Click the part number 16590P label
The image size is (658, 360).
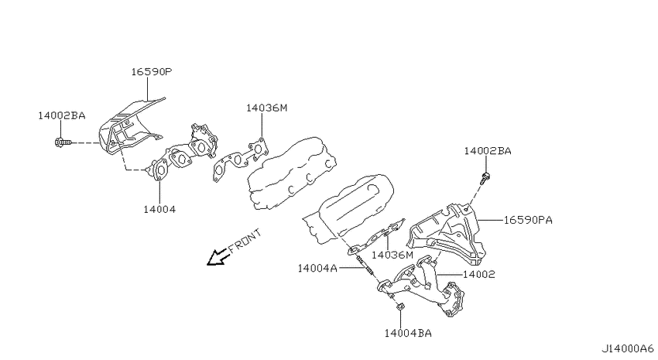pyautogui.click(x=152, y=72)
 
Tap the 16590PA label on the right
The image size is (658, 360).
pyautogui.click(x=528, y=220)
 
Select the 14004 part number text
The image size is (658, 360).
pyautogui.click(x=159, y=209)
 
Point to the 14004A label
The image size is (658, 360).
pyautogui.click(x=317, y=268)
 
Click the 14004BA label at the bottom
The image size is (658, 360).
pyautogui.click(x=408, y=333)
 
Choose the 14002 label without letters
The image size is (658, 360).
pyautogui.click(x=479, y=274)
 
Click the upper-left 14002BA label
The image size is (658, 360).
pyautogui.click(x=62, y=115)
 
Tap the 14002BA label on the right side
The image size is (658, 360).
pyautogui.click(x=488, y=151)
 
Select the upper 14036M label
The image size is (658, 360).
pyautogui.click(x=266, y=108)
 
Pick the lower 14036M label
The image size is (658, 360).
pyautogui.click(x=392, y=255)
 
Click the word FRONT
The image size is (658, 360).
pyautogui.click(x=245, y=241)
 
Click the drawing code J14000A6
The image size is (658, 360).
pyautogui.click(x=627, y=348)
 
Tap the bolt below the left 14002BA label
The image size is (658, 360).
pyautogui.click(x=63, y=142)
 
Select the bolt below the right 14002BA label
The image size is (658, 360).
pyautogui.click(x=485, y=178)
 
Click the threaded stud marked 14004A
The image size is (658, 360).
pyautogui.click(x=365, y=266)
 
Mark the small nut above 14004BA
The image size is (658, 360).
pyautogui.click(x=400, y=307)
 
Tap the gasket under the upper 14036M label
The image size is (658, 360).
pyautogui.click(x=241, y=159)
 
